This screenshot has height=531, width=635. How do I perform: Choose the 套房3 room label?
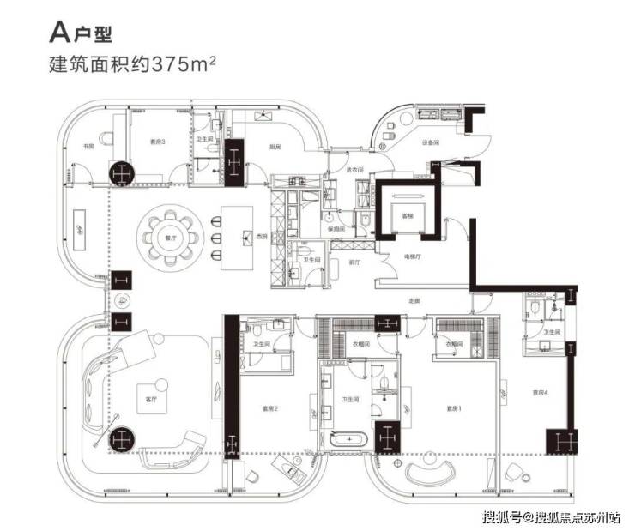pos(157,142)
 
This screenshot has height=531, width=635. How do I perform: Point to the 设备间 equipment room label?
pos(431,142)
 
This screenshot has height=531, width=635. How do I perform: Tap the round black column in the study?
pos(121,171)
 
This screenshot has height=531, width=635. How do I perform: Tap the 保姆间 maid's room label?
pos(340,230)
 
